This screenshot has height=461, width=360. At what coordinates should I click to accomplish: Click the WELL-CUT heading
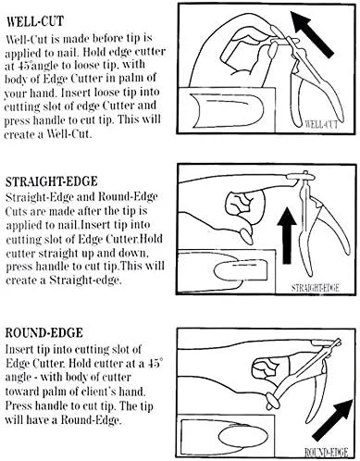click(x=35, y=21)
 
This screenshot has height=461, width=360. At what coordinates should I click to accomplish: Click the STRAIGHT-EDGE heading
click(x=52, y=181)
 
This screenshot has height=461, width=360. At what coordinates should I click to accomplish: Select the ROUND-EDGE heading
click(x=44, y=332)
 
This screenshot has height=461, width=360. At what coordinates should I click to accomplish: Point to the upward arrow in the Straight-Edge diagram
click(x=287, y=235)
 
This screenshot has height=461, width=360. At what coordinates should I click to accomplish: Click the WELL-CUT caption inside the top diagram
click(x=321, y=124)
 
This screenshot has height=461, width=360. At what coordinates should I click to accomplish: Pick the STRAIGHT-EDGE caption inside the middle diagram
click(x=315, y=288)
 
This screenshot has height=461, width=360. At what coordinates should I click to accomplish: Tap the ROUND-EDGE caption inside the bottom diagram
click(x=326, y=452)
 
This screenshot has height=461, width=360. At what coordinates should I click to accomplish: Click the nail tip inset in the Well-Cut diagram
click(x=228, y=110)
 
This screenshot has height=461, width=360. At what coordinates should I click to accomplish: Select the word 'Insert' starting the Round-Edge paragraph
click(x=19, y=349)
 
